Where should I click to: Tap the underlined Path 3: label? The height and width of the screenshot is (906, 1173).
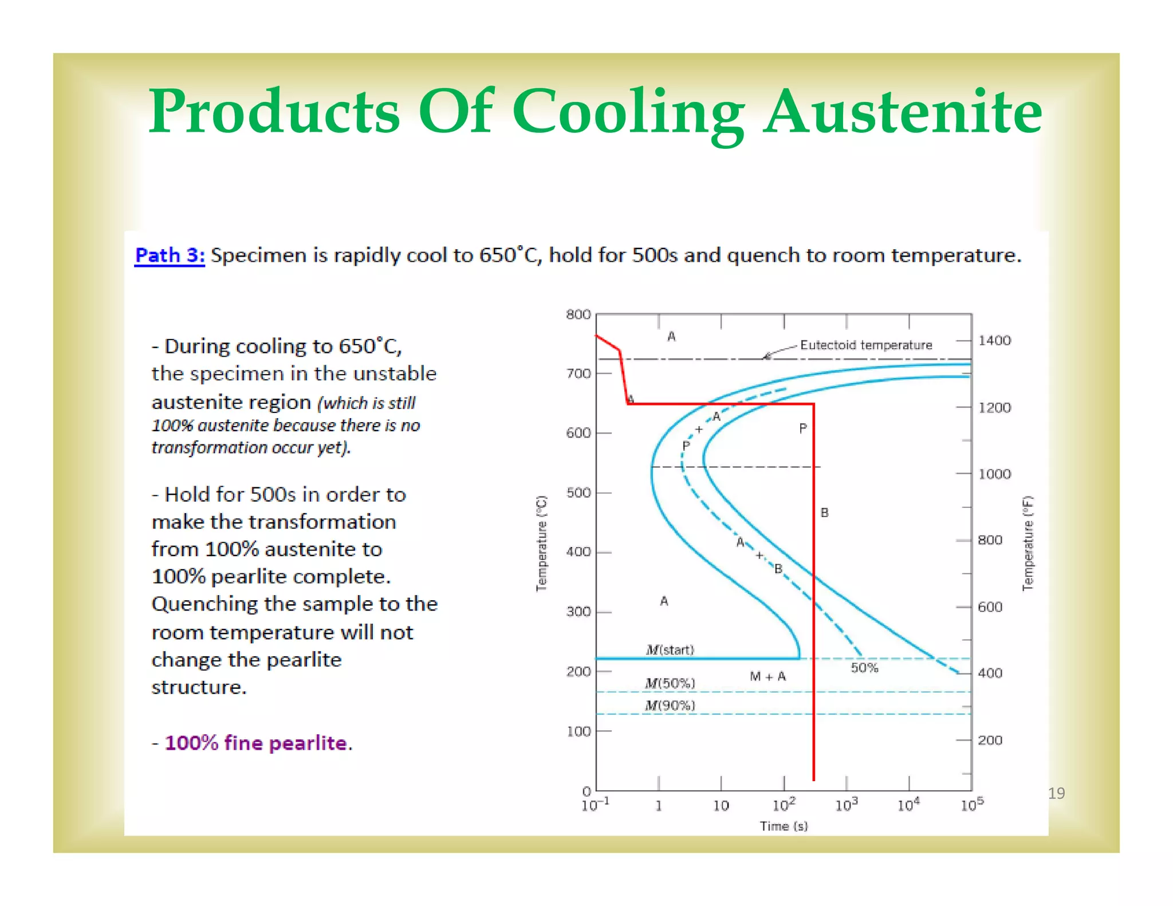click(x=170, y=255)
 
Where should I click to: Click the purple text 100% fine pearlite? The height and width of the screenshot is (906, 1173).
click(x=256, y=743)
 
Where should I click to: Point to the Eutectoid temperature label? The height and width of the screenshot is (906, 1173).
click(x=866, y=345)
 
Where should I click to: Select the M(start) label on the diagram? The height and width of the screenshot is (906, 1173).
click(x=670, y=649)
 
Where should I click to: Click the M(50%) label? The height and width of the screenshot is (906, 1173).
click(x=670, y=683)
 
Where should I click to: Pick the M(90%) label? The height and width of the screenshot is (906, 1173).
click(x=670, y=706)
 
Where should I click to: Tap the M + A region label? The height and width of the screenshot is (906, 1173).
click(x=767, y=677)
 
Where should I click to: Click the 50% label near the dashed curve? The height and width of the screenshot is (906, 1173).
click(x=864, y=668)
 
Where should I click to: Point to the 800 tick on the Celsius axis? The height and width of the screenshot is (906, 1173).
click(x=578, y=314)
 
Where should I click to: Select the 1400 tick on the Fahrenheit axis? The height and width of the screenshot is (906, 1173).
click(x=994, y=341)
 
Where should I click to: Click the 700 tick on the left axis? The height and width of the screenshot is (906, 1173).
click(x=578, y=374)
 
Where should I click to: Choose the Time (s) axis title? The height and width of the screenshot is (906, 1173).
click(x=784, y=826)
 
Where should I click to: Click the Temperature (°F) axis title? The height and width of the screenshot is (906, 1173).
click(x=1028, y=543)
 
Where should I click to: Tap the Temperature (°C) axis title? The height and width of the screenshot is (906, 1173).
click(x=541, y=543)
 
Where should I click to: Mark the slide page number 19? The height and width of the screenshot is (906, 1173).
click(x=1056, y=793)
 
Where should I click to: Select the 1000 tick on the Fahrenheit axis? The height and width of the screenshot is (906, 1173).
click(x=994, y=474)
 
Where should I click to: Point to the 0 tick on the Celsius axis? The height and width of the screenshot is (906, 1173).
click(x=586, y=791)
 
